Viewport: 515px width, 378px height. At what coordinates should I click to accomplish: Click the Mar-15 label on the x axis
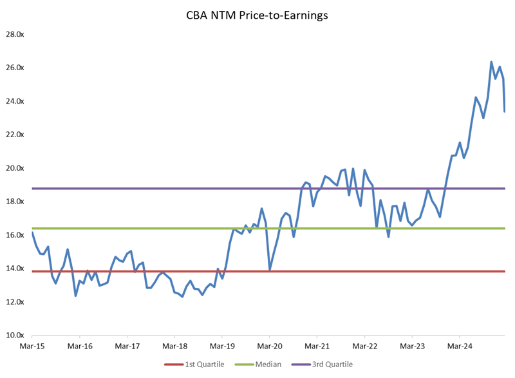coord(32,346)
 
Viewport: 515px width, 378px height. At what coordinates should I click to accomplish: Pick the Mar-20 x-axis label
coord(269,346)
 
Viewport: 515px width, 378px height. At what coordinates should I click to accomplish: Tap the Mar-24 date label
coord(460,346)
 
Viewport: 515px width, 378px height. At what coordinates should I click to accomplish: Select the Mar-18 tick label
coord(174,346)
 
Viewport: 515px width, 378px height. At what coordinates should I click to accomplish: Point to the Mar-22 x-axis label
coord(364,346)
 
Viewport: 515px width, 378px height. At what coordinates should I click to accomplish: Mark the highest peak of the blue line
coord(491,62)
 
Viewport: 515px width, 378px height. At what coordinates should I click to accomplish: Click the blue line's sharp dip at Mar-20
coord(270,270)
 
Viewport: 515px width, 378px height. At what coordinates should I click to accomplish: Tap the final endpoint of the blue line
coord(504,111)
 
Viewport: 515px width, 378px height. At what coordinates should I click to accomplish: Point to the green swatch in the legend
coord(248,364)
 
